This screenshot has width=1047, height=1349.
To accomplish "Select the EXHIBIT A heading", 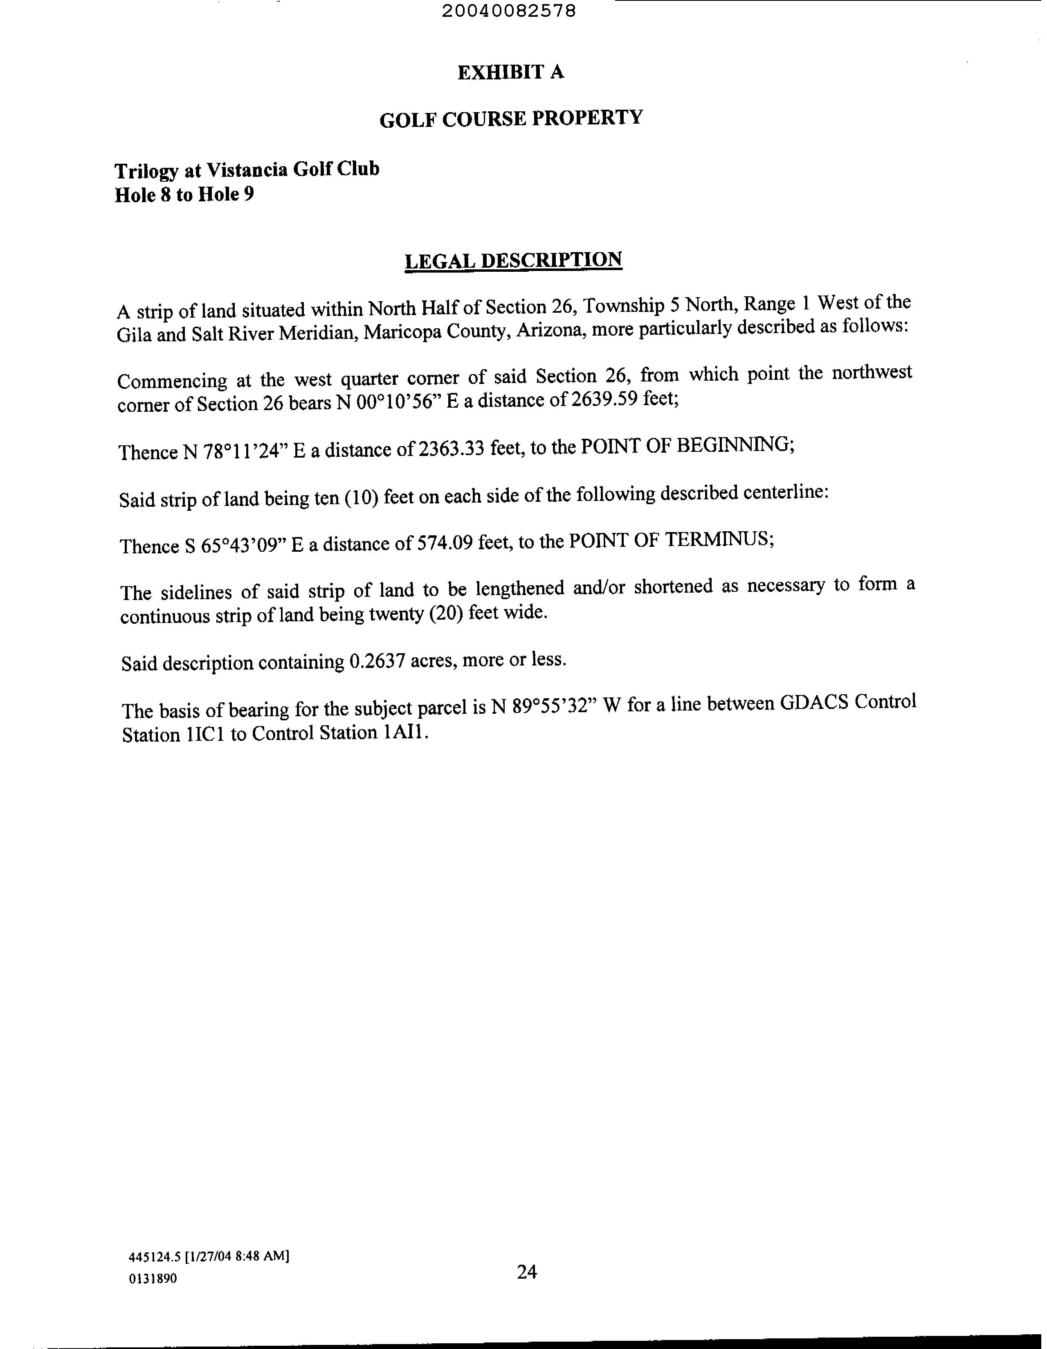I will click(x=510, y=73).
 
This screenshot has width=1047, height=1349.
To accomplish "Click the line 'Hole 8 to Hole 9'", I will click(x=184, y=195).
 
